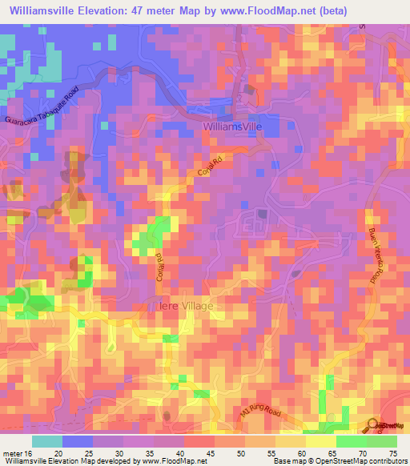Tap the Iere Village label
click(x=185, y=306)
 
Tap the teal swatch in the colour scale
click(x=47, y=442)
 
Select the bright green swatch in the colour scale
click(x=352, y=442)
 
